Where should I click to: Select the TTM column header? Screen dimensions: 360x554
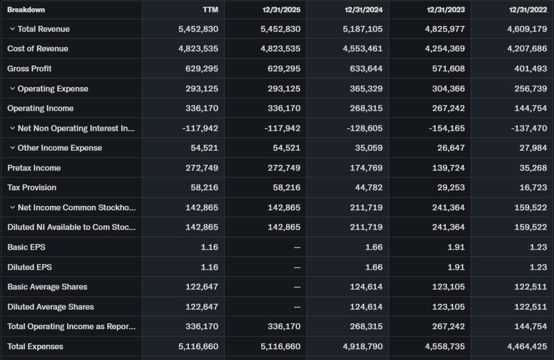[210, 10]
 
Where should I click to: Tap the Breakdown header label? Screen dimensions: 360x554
[26, 10]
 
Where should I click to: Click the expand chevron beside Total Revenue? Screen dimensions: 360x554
[12, 29]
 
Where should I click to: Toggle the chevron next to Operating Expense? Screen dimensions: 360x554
[12, 89]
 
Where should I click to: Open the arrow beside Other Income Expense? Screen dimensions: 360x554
[12, 148]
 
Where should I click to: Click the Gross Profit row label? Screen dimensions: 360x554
[30, 69]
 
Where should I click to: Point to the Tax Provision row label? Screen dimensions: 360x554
[32, 188]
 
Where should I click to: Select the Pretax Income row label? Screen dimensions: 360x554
[34, 168]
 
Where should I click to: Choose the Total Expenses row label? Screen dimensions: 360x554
[35, 346]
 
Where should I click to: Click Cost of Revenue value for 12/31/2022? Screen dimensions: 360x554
[527, 49]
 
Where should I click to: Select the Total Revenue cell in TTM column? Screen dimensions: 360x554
[198, 29]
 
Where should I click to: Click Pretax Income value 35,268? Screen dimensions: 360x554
[533, 168]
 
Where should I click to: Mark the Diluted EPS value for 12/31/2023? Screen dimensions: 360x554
[456, 267]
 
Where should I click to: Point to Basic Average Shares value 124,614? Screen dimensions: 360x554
[366, 287]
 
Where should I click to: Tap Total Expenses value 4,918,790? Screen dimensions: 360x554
[362, 346]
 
